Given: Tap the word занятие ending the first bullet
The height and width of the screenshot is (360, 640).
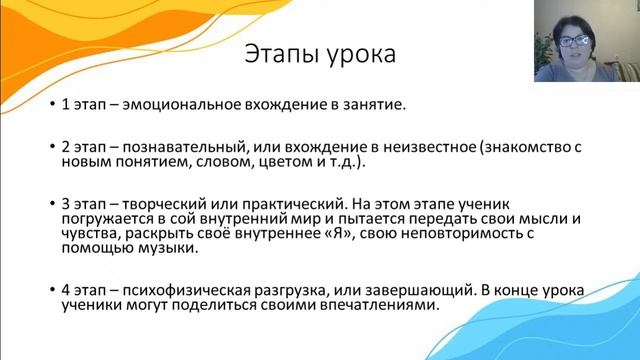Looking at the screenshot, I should (373, 103).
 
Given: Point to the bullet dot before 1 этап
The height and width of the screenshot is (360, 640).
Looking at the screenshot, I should (53, 104).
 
